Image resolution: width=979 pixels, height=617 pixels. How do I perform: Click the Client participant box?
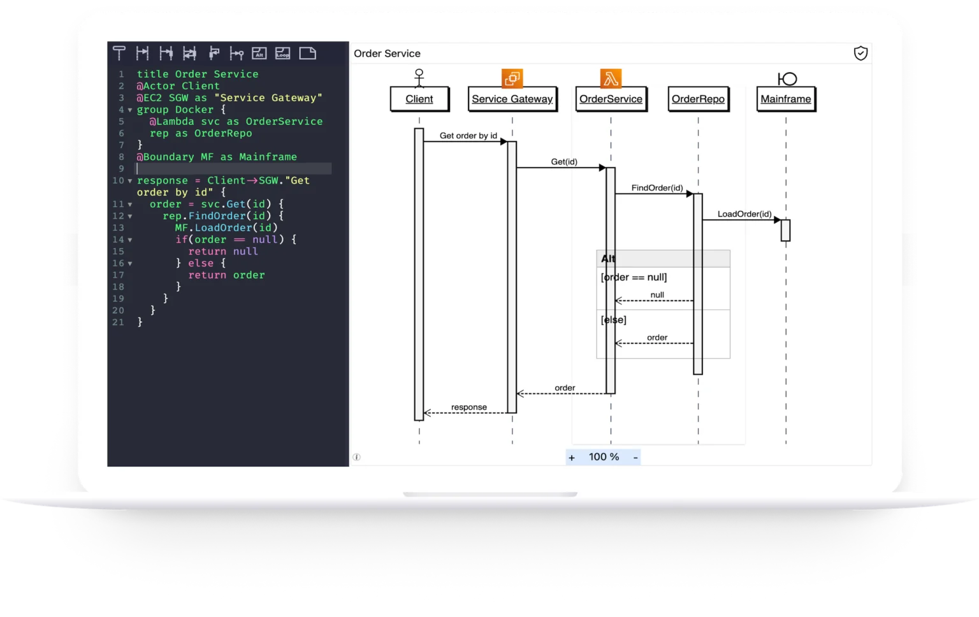pos(419,99)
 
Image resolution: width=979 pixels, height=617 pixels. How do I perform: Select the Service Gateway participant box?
pos(512,99)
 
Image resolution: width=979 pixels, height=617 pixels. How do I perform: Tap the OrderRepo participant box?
pos(698,99)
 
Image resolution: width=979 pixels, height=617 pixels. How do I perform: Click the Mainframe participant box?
pos(786,99)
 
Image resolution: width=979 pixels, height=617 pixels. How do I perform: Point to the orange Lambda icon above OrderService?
pos(611,78)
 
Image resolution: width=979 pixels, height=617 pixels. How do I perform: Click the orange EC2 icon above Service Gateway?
pos(512,78)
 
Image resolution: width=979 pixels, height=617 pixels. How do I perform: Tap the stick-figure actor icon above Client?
pos(419,78)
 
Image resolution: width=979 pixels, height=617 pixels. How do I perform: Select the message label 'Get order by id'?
pos(468,136)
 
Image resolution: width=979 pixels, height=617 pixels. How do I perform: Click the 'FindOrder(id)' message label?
pos(657,188)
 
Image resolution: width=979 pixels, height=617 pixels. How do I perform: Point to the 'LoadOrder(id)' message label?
pos(744,214)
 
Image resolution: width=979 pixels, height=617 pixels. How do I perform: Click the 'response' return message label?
pos(469,407)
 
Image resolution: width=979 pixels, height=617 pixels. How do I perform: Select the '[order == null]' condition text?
pos(634,277)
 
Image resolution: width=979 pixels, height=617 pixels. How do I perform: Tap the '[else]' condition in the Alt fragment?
pos(613,320)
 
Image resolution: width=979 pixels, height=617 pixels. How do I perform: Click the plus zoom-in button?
pos(572,458)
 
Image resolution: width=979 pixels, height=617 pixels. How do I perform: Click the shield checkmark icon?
pos(860,54)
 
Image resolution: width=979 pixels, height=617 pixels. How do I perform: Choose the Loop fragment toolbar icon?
pos(283,54)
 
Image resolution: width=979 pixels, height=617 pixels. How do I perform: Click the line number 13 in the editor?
pos(119,228)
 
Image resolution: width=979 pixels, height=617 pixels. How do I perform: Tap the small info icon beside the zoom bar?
pos(357,457)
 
